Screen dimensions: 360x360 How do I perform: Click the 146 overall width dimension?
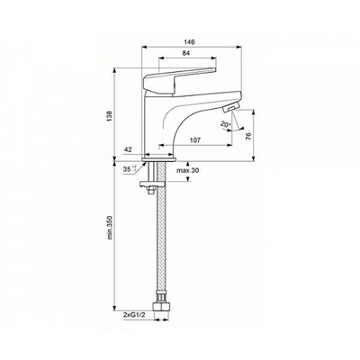(x=190, y=42)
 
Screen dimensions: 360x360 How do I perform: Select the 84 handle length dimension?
(x=186, y=53)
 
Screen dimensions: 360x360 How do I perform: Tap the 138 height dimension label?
(x=110, y=116)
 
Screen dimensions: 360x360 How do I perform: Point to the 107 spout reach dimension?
(x=195, y=139)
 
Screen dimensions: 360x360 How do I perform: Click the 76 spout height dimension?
(x=248, y=136)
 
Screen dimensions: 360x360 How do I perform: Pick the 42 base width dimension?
(x=128, y=150)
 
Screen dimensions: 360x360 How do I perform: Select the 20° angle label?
(x=225, y=124)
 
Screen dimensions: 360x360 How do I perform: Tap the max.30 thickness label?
(x=187, y=170)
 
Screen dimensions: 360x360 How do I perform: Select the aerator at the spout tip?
(x=231, y=107)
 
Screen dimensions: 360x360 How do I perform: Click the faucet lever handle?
(x=180, y=80)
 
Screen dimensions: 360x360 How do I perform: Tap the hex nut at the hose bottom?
(x=161, y=307)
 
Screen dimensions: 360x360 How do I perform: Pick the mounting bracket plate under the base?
(x=152, y=184)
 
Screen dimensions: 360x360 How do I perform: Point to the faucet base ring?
(x=158, y=159)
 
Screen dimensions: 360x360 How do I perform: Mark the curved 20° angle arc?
(x=236, y=130)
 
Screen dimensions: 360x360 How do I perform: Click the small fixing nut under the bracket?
(x=151, y=189)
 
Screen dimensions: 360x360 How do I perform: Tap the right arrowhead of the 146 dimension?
(x=239, y=47)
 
